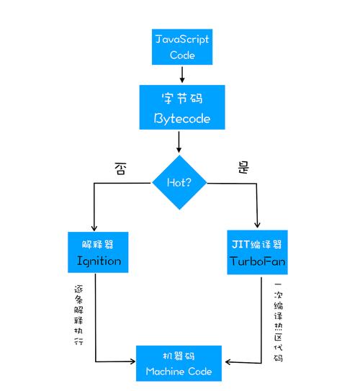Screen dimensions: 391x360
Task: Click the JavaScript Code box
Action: coord(182,47)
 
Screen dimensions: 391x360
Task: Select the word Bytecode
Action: coord(182,119)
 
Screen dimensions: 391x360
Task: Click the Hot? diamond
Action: coord(179,182)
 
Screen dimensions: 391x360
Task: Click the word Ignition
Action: coord(99,261)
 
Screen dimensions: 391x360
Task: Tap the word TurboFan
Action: coord(257,261)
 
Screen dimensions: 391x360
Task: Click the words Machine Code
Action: coord(179,372)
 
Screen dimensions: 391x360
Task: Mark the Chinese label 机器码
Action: coord(179,355)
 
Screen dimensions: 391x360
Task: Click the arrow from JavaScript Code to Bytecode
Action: coord(182,74)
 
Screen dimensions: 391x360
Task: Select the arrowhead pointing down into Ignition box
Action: coord(94,226)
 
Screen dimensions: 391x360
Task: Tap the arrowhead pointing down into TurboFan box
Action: coord(257,226)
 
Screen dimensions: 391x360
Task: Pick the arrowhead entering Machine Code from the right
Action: coord(227,361)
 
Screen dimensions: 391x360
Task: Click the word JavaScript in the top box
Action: coord(182,39)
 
